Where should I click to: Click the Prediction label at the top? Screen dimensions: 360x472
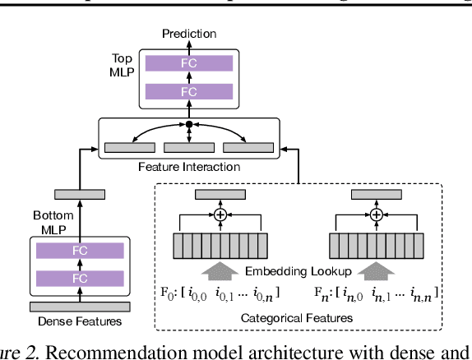189,34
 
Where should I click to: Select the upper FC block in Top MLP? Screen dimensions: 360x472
188,62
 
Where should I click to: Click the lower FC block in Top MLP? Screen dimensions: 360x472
188,92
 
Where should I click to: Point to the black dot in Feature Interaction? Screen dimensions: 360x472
189,124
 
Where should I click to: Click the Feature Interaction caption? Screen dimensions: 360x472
189,166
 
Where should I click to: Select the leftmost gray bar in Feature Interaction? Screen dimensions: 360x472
129,147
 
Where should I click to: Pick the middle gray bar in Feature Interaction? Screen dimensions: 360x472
189,147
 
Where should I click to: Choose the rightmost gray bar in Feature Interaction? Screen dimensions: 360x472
248,147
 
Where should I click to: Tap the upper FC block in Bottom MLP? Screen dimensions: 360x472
81,250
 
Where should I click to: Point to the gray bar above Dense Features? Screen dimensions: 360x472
81,305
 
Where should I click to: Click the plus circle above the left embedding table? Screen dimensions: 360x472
220,215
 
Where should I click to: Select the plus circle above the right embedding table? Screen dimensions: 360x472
377,215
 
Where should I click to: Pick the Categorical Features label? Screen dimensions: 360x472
298,315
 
